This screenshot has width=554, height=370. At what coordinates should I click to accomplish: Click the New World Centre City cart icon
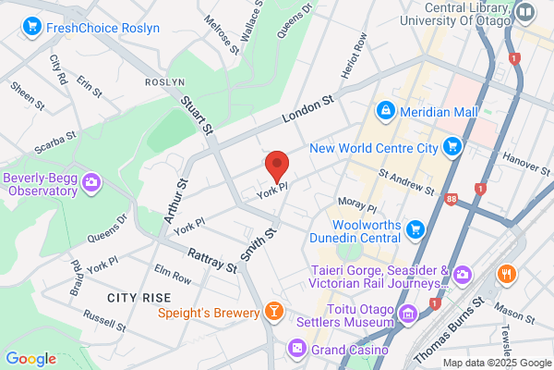coord(452,146)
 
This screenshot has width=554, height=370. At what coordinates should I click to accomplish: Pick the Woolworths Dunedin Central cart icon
coord(415,228)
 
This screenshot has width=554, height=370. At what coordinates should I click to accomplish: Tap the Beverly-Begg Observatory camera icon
coord(90,182)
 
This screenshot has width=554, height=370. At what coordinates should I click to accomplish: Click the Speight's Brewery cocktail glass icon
coord(274,311)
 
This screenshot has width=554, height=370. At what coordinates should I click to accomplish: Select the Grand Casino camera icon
coord(297,349)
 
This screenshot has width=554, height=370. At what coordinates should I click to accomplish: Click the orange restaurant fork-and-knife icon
coord(506,274)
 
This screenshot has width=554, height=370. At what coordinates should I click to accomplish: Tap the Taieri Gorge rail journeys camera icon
coord(462,274)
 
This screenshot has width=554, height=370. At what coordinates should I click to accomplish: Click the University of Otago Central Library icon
coord(525,13)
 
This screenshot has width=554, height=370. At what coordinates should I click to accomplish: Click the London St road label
coord(308,111)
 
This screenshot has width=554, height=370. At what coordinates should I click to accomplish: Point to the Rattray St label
coord(211,260)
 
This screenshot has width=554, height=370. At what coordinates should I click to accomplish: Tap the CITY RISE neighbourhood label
coord(138,297)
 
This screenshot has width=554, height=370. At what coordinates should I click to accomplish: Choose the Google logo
coord(31,358)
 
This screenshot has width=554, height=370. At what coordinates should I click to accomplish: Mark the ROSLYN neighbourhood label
coord(165,81)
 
